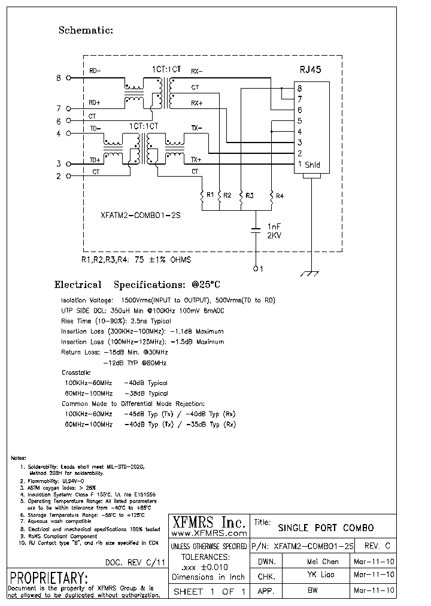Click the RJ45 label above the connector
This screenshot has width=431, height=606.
pos(310,69)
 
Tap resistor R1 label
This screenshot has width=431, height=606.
pos(210,195)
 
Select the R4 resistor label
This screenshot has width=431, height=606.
pos(280,195)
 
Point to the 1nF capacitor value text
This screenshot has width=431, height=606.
pos(273,226)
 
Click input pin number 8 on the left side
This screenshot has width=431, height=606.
pos(59,78)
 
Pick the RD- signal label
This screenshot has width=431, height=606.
pos(95,71)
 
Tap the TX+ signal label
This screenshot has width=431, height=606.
pos(196,160)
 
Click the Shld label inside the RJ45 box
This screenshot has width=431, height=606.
pos(312,165)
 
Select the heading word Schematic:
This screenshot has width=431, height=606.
pos(86,30)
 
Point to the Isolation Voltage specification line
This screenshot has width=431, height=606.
pos(168,299)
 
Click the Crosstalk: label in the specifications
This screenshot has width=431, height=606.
pos(75,372)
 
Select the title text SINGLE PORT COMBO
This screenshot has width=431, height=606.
pos(326,528)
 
